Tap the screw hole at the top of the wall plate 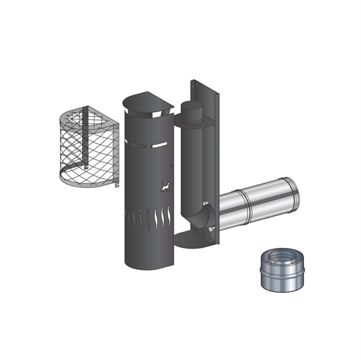pyautogui.click(x=197, y=88)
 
